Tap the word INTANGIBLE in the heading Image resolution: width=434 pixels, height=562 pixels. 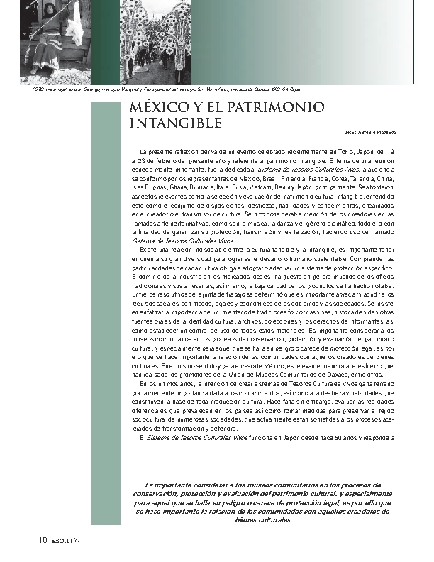(176, 123)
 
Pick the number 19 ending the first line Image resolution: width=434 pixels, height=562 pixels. (391, 152)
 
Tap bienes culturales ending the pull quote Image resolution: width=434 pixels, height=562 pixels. (262, 519)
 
